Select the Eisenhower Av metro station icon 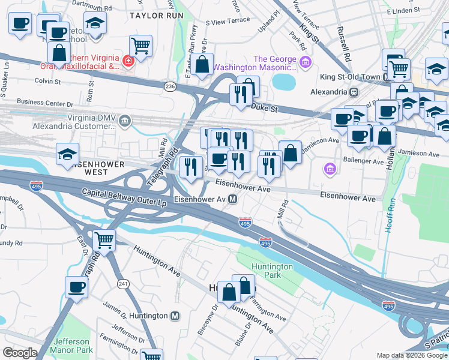232,199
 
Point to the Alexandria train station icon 354,92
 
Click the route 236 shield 170,87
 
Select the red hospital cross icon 127,61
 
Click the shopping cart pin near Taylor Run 140,46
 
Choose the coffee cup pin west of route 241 76,287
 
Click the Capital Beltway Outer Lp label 124,197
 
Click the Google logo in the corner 19,353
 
